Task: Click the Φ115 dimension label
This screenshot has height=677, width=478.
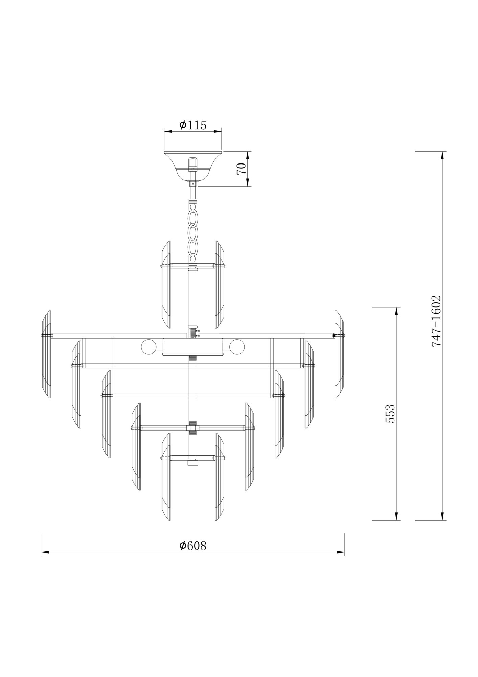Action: coord(192,125)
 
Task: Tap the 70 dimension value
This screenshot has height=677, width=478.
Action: coord(241,169)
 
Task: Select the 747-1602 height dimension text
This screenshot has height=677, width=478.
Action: coord(436,321)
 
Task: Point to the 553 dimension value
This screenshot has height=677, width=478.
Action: coord(390,414)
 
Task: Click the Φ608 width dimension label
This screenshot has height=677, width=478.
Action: coord(192,555)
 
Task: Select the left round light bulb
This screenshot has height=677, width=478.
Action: coord(148,347)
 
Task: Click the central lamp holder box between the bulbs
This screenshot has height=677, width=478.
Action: coord(193,347)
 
